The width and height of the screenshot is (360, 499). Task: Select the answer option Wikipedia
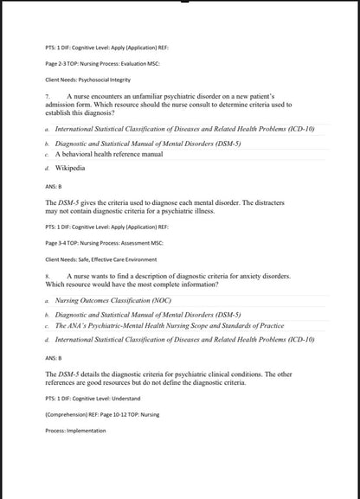click(x=71, y=164)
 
